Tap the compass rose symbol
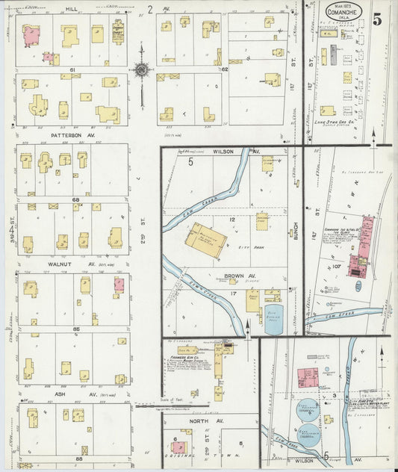[x=140, y=69]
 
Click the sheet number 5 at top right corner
[x=378, y=19]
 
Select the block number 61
[x=73, y=69]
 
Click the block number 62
[x=223, y=69]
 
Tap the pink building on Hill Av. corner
[x=31, y=34]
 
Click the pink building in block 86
[x=119, y=285]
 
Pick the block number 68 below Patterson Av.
[x=75, y=199]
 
